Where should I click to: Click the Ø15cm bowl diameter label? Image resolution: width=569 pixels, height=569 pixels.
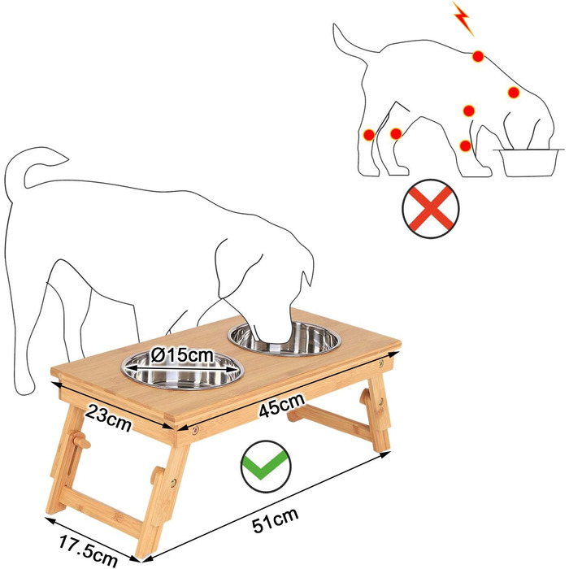[x=182, y=355]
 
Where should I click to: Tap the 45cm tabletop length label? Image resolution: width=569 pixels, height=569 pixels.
[x=281, y=405]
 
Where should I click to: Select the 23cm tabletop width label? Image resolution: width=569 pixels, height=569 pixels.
[x=108, y=419]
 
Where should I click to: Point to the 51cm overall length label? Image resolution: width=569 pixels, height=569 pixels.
[x=276, y=520]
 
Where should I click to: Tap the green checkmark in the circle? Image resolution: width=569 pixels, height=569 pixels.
[x=266, y=467]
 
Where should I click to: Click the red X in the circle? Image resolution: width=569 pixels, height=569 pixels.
[x=431, y=209]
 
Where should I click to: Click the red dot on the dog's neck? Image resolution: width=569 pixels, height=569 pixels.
[x=478, y=56]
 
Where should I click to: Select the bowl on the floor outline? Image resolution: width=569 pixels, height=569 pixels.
[x=528, y=163]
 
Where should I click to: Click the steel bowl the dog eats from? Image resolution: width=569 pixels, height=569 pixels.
[x=284, y=339]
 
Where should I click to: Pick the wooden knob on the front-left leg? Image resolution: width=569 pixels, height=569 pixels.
[x=80, y=440]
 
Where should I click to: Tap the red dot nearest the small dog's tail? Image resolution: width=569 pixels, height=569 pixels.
[x=369, y=135]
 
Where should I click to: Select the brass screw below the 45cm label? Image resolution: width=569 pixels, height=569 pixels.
[x=196, y=431]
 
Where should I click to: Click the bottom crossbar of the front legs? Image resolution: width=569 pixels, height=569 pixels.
[x=102, y=506]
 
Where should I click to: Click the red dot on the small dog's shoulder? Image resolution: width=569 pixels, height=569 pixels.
[x=514, y=93]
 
